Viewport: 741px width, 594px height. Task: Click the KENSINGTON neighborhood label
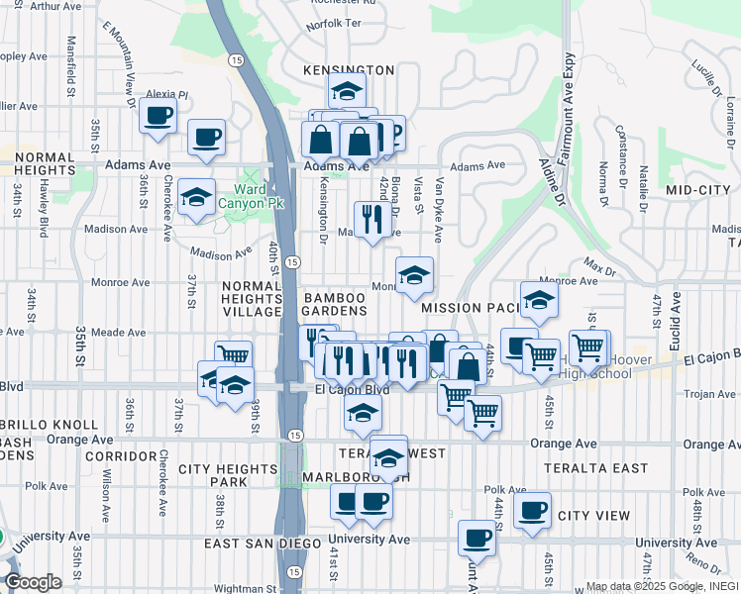click(351, 70)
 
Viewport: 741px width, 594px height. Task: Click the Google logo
click(33, 582)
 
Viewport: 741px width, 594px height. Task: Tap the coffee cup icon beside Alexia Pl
click(159, 117)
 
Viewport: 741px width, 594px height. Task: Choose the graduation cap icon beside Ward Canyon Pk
click(197, 197)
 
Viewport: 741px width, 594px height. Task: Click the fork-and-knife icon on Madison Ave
click(370, 221)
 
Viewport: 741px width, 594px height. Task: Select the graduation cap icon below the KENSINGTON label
click(347, 91)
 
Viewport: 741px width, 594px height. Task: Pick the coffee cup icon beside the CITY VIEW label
click(533, 511)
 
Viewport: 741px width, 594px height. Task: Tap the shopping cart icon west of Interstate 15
click(233, 356)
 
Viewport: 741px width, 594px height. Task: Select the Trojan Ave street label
click(710, 394)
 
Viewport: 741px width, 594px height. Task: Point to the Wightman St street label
click(243, 588)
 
